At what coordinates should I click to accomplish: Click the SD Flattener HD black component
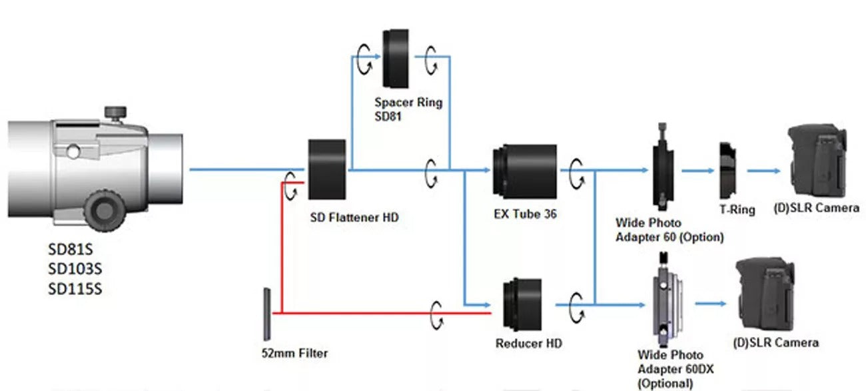click(x=326, y=169)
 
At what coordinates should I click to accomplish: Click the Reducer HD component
click(x=522, y=305)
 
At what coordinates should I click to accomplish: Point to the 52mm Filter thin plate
click(x=266, y=314)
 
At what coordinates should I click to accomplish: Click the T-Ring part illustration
click(x=727, y=171)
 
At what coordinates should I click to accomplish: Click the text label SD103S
click(x=75, y=269)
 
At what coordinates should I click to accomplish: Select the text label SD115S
click(x=75, y=289)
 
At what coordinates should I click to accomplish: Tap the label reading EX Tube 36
click(x=525, y=214)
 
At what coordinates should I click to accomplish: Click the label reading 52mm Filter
click(x=294, y=352)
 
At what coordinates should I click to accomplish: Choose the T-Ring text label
click(x=737, y=210)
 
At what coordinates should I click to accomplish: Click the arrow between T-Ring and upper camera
click(x=763, y=171)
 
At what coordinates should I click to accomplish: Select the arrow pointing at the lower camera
click(x=711, y=304)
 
